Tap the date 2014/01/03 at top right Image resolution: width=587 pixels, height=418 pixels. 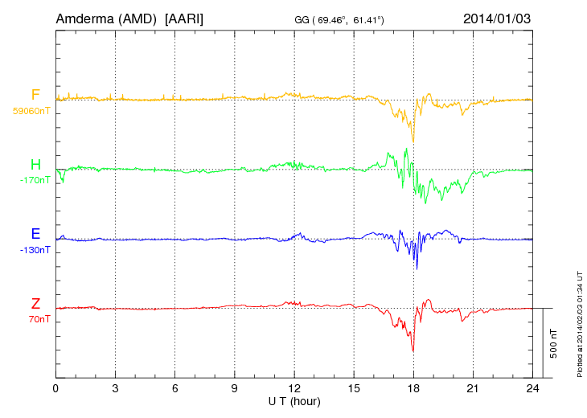(497, 18)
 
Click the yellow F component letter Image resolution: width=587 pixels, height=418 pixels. (35, 96)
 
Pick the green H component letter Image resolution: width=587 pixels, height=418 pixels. (35, 166)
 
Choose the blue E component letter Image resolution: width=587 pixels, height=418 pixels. (35, 235)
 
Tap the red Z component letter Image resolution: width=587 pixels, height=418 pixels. (35, 304)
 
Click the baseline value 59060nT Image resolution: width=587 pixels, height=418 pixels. (31, 111)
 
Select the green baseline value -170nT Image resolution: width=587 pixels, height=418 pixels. (35, 180)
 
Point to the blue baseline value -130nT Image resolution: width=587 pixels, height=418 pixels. (35, 250)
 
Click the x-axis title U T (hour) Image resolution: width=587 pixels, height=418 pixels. (294, 400)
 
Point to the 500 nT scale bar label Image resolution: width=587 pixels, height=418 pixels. (553, 342)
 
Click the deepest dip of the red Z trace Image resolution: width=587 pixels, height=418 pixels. (413, 350)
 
